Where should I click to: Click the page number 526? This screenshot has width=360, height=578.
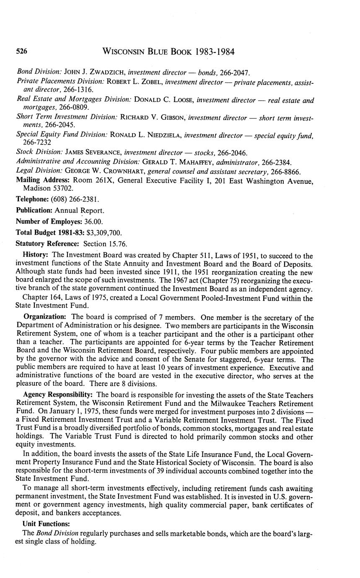[x=22, y=52]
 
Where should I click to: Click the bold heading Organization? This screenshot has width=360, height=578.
[x=45, y=318]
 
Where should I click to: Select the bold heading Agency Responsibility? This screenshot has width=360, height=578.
[x=59, y=395]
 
